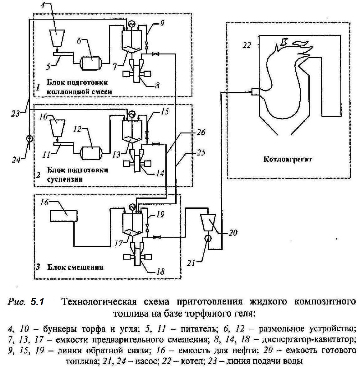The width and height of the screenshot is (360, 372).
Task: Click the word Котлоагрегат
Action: point(288,160)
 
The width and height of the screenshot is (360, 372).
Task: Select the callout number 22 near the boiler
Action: point(247,45)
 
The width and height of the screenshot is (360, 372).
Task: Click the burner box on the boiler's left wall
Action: point(255,91)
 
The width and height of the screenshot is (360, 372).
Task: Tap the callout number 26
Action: point(201,132)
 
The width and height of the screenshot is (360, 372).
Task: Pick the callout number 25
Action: point(201,153)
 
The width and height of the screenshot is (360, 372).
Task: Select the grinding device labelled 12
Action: point(91,152)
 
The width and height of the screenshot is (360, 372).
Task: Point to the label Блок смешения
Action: point(75,267)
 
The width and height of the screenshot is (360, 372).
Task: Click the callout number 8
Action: point(157,85)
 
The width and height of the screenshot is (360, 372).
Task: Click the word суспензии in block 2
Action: point(65,179)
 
